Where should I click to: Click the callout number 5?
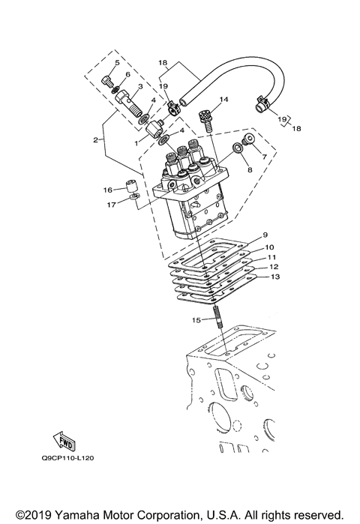tap(116, 62)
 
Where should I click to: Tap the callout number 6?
tap(128, 74)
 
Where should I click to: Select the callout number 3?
tap(139, 86)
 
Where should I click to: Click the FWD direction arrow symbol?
tap(64, 439)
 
